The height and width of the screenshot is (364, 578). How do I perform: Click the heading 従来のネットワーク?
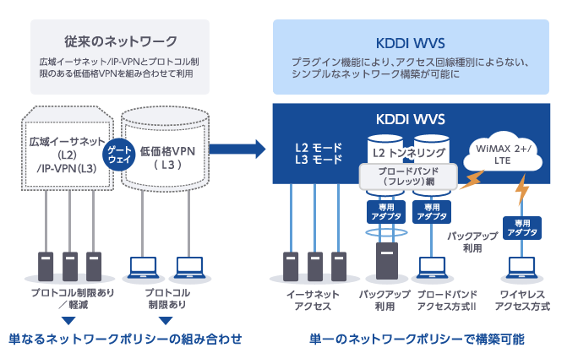pos(121,41)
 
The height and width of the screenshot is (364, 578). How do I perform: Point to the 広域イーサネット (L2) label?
pos(67,149)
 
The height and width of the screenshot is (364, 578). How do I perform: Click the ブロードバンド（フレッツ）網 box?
pos(408,175)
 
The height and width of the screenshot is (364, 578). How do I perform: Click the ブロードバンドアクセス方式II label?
pos(449,300)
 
